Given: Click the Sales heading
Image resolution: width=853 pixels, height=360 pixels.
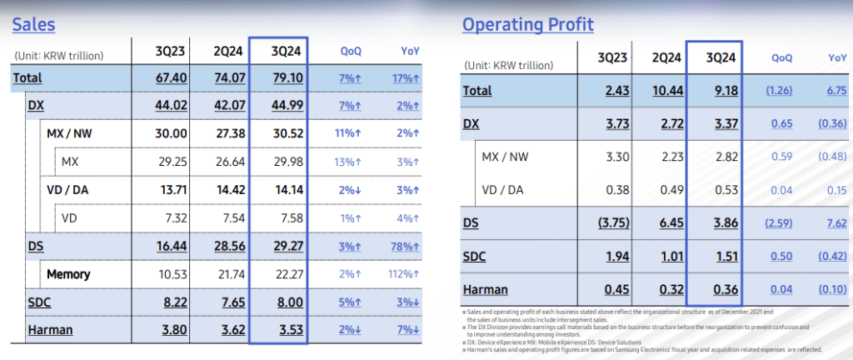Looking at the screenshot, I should [33, 24].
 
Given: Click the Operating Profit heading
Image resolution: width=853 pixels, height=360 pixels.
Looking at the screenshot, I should [528, 24].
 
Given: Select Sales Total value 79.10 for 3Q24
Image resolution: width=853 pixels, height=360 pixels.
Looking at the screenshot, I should [278, 77].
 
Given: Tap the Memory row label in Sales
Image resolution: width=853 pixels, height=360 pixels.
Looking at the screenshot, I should [68, 273].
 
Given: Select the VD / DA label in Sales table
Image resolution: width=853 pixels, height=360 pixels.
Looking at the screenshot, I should [70, 189].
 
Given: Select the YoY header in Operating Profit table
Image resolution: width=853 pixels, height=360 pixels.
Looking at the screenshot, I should [836, 57].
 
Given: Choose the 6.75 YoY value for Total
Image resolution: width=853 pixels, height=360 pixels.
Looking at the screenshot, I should [835, 90].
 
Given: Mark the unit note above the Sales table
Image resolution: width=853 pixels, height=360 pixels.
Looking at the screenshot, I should [58, 55].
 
